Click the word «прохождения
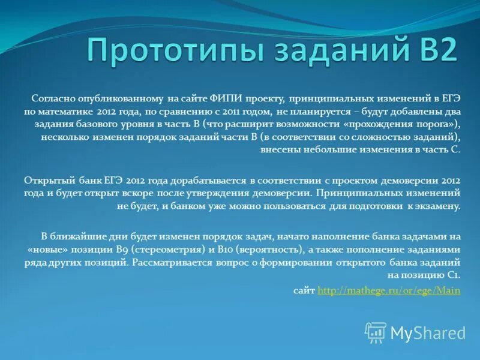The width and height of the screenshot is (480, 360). pyautogui.click(x=375, y=124)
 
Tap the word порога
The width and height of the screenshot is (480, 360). pyautogui.click(x=438, y=124)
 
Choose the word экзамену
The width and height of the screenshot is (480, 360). pyautogui.click(x=437, y=206)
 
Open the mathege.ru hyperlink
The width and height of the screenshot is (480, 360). pyautogui.click(x=389, y=290)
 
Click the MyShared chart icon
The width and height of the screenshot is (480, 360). pyautogui.click(x=376, y=331)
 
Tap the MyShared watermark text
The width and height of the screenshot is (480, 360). pyautogui.click(x=428, y=332)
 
